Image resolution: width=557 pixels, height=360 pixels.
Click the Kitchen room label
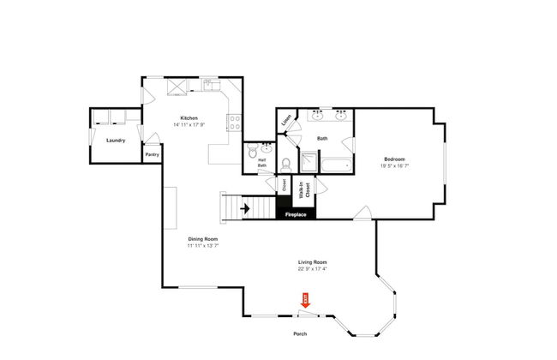click(189, 117)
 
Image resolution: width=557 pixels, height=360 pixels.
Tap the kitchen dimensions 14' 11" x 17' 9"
click(189, 125)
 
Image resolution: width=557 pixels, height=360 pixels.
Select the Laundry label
click(116, 140)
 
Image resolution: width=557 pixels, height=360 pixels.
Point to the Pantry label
click(152, 154)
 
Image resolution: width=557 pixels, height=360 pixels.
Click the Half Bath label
click(262, 163)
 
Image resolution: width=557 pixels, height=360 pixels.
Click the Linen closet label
click(287, 118)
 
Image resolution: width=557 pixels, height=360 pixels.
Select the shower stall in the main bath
click(307, 164)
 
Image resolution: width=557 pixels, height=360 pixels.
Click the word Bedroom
click(393, 159)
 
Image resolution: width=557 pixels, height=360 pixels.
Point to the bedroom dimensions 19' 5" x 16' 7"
click(393, 167)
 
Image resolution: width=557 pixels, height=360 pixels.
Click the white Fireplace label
click(296, 213)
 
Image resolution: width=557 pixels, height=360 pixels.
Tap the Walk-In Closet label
click(302, 191)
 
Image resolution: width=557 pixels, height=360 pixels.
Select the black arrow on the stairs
click(244, 207)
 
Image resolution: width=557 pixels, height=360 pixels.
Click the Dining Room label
click(203, 238)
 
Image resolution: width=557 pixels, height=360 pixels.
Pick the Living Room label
click(312, 261)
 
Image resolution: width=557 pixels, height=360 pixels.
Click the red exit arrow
click(304, 299)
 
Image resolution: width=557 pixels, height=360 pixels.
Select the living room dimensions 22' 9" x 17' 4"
click(312, 269)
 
